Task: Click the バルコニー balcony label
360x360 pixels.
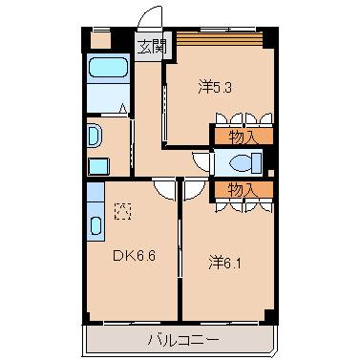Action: (x=181, y=339)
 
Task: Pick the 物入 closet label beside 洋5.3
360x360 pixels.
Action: (x=243, y=138)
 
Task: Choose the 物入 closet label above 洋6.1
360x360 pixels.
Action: (x=243, y=189)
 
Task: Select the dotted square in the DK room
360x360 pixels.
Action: (x=122, y=210)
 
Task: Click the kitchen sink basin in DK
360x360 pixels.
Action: (x=96, y=227)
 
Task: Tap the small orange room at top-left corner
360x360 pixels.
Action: (x=101, y=40)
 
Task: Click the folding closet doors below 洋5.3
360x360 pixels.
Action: (x=243, y=119)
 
